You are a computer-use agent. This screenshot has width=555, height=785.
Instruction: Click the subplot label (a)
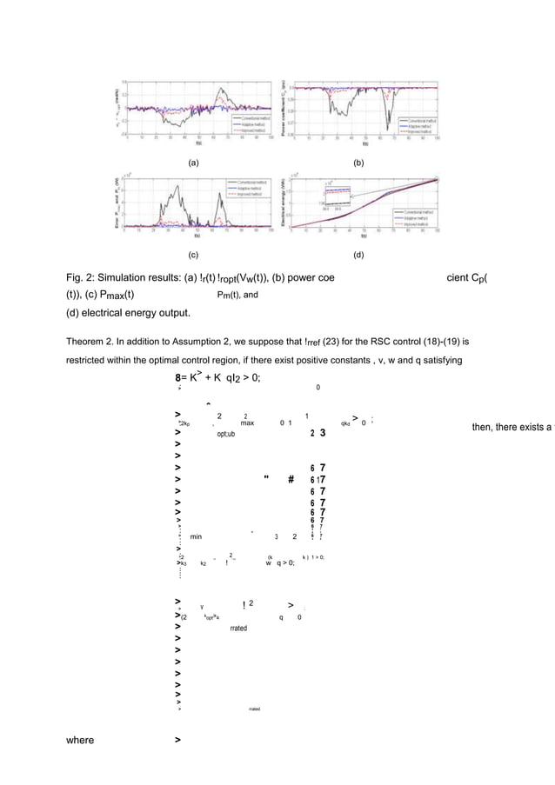pyautogui.click(x=193, y=163)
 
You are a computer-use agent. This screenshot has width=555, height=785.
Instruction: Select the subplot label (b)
pyautogui.click(x=357, y=163)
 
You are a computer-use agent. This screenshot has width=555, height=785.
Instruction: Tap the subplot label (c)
pyautogui.click(x=193, y=256)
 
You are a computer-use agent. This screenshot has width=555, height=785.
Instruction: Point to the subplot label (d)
pyautogui.click(x=357, y=256)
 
